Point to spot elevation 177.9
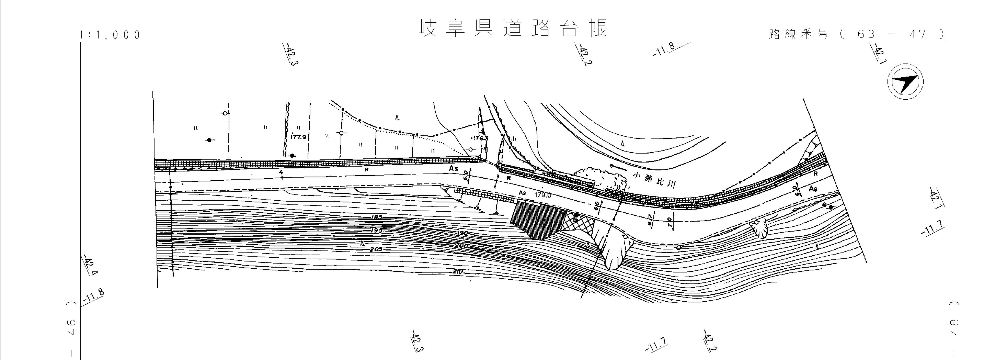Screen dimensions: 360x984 (x=298, y=137)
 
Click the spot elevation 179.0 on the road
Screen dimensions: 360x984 (x=543, y=195)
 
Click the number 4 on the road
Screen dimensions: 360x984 (x=281, y=173)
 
